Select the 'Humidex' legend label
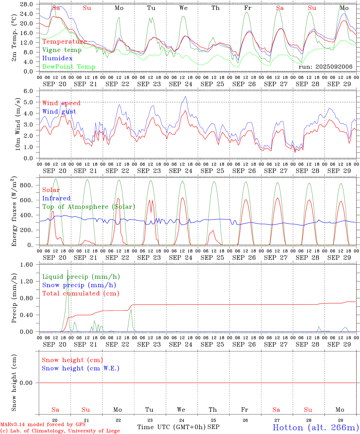pos(57,58)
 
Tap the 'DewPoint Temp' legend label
pos(69,67)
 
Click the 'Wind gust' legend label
pos(59,112)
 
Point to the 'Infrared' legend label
pos(56,198)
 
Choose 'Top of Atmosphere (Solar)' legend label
pos(88,207)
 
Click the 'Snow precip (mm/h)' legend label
pos(79,285)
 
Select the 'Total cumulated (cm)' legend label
pos(81,294)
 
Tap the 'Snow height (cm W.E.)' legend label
pos(81,368)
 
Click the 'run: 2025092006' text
pos(325,67)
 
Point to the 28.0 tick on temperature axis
pos(27,4)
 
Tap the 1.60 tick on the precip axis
pos(26,265)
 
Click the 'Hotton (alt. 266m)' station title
pos(315,427)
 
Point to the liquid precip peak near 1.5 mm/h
pos(68,270)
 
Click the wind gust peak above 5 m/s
pos(185,96)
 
